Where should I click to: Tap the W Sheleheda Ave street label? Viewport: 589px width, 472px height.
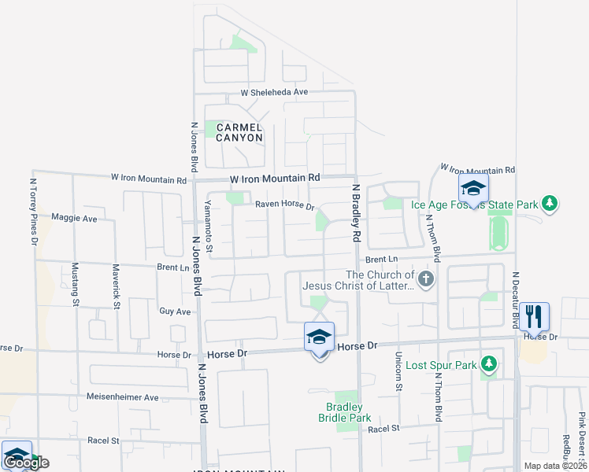click(274, 92)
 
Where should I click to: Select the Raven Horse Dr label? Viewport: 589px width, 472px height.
click(284, 206)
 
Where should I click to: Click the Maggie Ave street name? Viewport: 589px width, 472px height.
click(73, 218)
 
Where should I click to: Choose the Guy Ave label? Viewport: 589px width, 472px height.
click(175, 312)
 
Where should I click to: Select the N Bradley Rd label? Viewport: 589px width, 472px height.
click(356, 212)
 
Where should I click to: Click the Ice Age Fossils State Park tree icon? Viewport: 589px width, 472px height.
click(550, 205)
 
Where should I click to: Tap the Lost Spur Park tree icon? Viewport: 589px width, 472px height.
click(489, 363)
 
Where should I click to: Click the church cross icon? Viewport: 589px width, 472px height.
click(426, 279)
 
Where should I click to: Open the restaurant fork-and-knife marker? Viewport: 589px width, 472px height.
click(535, 316)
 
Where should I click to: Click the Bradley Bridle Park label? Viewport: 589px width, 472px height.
click(344, 412)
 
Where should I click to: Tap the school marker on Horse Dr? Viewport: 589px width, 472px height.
click(319, 337)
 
